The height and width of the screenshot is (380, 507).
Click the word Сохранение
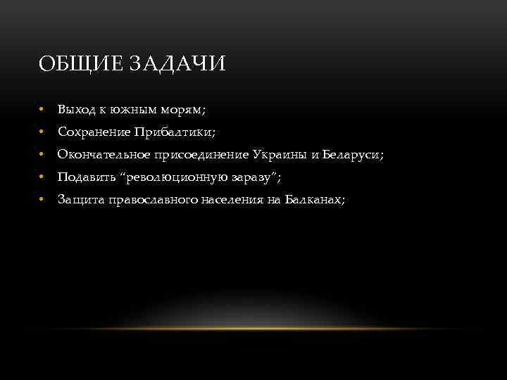coord(92,132)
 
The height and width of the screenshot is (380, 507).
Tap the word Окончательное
coord(103,155)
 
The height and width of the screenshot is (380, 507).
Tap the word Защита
coord(80,200)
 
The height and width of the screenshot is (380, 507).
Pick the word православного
coord(149,200)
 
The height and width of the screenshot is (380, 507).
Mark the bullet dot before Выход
coord(42,110)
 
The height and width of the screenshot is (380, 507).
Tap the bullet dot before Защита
coord(42,200)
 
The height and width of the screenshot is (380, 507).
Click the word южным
coord(131,110)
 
